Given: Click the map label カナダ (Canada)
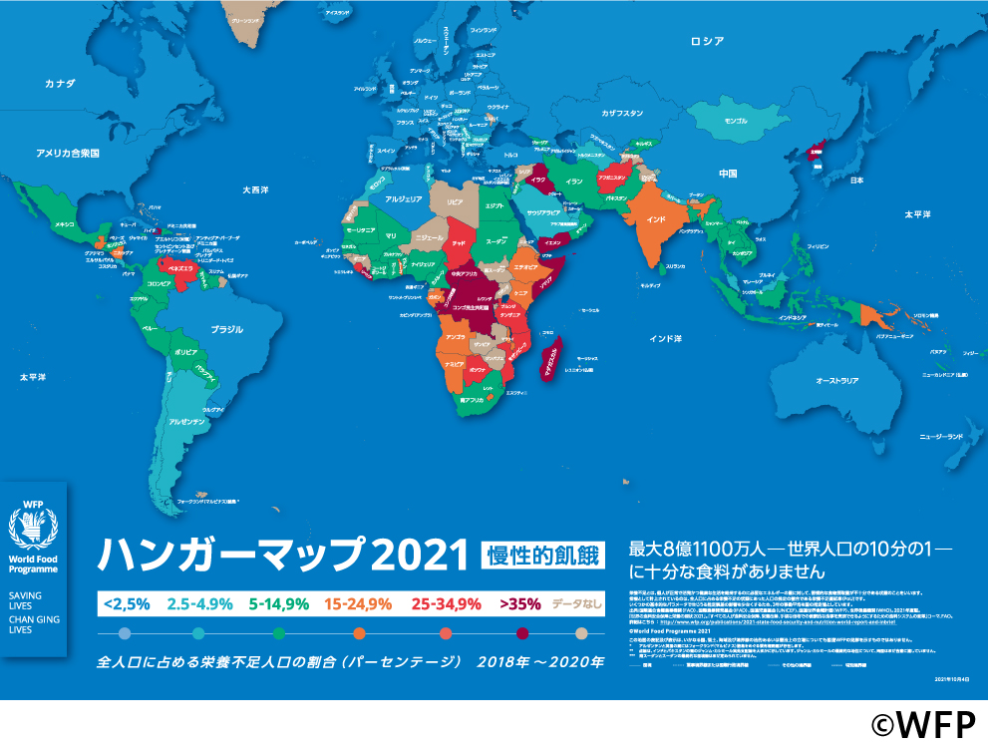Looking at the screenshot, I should (x=60, y=84).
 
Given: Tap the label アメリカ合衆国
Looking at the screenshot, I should (x=68, y=153).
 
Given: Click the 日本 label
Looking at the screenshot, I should (x=855, y=181).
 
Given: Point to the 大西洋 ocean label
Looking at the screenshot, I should (x=256, y=188).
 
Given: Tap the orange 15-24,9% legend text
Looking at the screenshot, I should (x=359, y=603).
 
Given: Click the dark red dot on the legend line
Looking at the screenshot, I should (x=521, y=633).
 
